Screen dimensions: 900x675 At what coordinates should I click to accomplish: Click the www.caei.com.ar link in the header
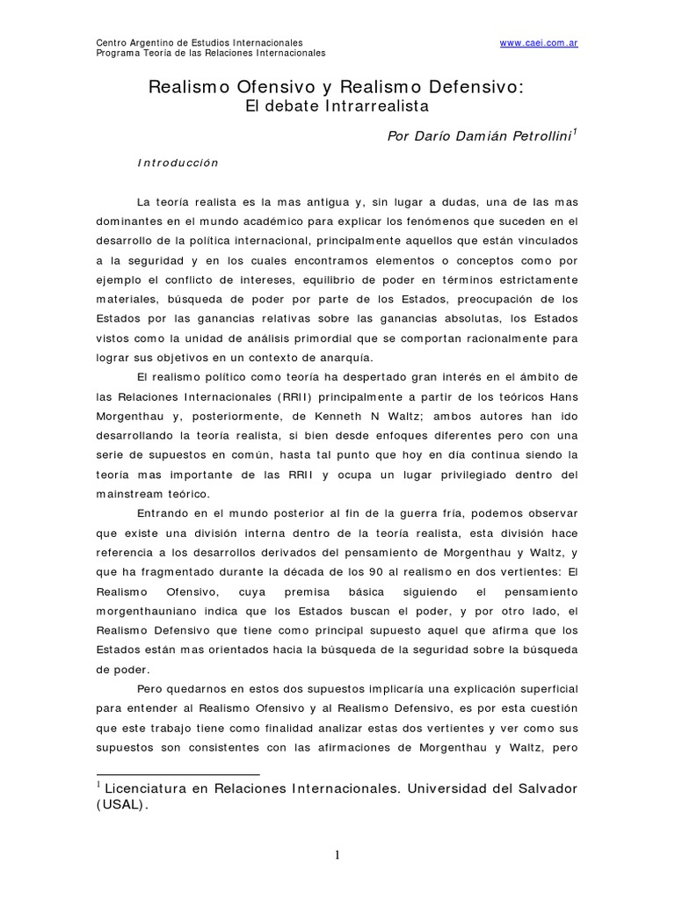point(539,43)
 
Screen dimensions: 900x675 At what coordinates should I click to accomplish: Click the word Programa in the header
point(116,53)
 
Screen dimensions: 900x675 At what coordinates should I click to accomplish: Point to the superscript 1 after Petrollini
point(575,132)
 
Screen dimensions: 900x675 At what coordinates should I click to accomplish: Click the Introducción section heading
point(178,163)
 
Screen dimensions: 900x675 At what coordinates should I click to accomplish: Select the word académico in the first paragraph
point(275,221)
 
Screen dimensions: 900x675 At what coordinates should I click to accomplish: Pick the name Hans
point(562,396)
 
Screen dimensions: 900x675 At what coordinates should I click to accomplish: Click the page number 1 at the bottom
point(337,857)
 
